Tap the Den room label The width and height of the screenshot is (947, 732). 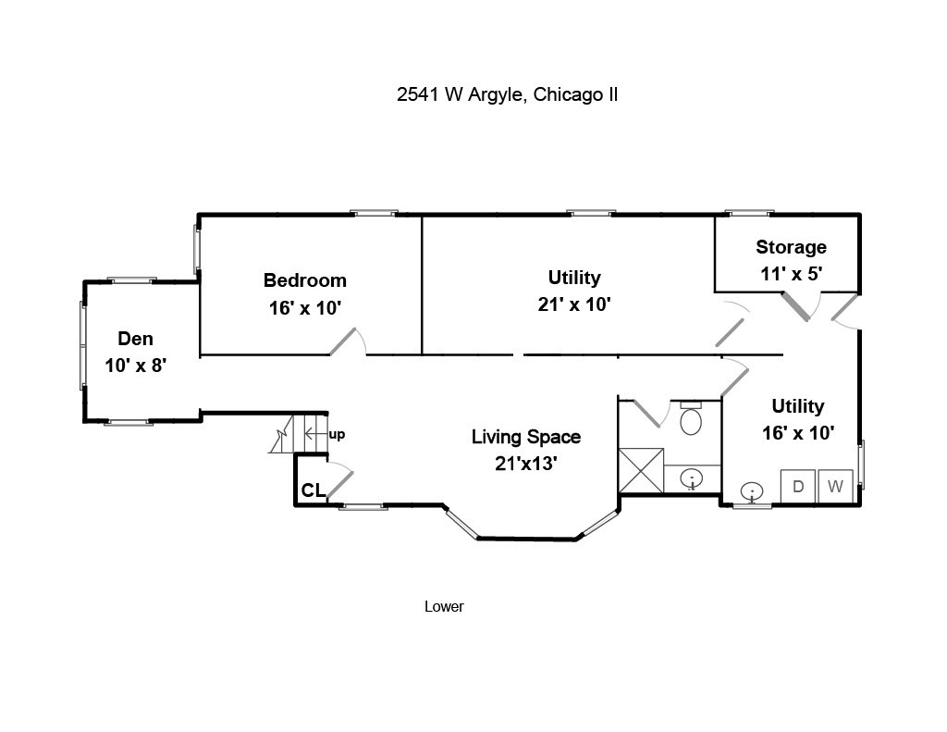coord(135,339)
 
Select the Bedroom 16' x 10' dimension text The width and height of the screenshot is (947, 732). coord(305,308)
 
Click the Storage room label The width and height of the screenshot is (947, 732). coord(792,247)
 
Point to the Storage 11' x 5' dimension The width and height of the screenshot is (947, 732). coord(792,274)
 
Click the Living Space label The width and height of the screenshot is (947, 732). coord(526,437)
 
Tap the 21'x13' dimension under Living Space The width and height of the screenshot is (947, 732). coord(526,464)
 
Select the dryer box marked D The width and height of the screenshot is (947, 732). coord(798,486)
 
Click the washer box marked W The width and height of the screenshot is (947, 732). coord(835,486)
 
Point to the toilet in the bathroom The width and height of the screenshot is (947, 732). coord(691,417)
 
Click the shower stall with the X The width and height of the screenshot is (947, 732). coord(641,470)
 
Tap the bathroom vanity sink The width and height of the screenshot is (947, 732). coord(692,480)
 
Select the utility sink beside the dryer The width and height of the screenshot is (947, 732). coord(752,491)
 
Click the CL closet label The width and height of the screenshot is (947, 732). coord(314,490)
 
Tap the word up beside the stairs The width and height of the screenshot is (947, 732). coord(337,435)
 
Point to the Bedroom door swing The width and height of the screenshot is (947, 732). coord(348,341)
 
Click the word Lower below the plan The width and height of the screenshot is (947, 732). coord(444,606)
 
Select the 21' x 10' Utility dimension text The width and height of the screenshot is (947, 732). coord(574,304)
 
